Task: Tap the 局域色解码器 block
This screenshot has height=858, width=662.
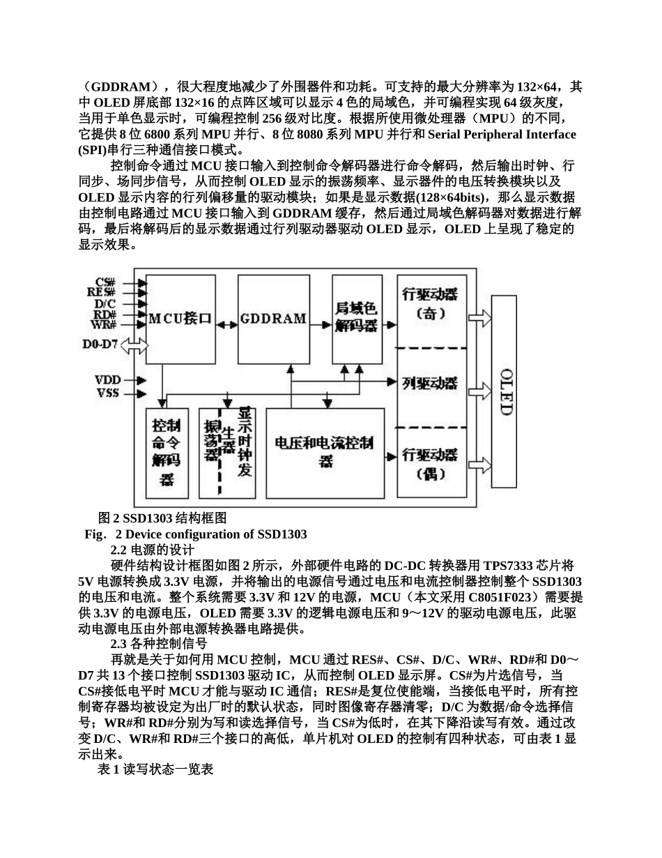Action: [356, 317]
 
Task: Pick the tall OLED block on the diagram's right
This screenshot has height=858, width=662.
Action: [504, 391]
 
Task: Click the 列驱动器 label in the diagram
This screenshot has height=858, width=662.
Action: [430, 383]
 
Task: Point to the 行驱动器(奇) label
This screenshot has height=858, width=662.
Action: [430, 303]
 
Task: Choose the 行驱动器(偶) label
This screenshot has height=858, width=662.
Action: [430, 464]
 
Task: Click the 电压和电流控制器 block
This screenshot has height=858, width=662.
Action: [325, 452]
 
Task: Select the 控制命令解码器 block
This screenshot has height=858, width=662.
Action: [167, 452]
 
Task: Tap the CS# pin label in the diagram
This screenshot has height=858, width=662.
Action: [106, 282]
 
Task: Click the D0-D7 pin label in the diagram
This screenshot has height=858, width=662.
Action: [100, 345]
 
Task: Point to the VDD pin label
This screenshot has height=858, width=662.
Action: [108, 380]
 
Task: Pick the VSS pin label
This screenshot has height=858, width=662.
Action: [108, 393]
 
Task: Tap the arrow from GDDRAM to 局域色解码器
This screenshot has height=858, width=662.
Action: [321, 324]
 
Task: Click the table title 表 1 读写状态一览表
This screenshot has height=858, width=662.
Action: [155, 770]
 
